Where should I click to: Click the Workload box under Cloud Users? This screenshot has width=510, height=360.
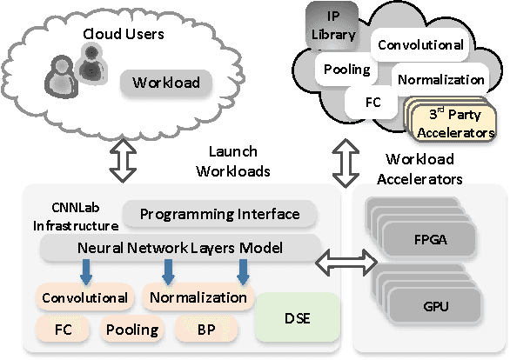click(x=166, y=83)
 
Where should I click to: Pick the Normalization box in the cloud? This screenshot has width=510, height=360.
click(x=440, y=79)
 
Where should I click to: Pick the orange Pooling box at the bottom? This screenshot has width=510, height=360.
click(x=132, y=329)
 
